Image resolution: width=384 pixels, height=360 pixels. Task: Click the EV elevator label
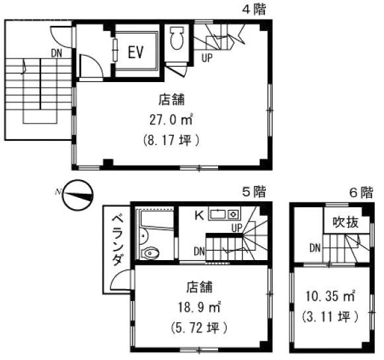click(x=135, y=52)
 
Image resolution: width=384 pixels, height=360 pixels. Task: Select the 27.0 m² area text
click(x=171, y=120)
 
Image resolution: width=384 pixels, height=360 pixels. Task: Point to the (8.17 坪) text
click(x=171, y=140)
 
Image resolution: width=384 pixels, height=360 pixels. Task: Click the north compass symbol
click(x=78, y=195)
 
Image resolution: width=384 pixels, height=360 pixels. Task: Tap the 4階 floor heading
click(x=254, y=10)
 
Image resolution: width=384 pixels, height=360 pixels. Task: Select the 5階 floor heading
click(x=254, y=192)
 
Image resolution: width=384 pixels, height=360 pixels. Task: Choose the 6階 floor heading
click(x=361, y=193)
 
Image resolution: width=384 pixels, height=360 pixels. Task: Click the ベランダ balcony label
click(x=117, y=240)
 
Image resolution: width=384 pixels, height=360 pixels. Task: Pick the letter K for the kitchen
click(x=200, y=216)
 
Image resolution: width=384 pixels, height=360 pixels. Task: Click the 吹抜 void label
click(x=345, y=222)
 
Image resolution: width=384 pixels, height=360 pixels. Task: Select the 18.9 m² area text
click(x=200, y=307)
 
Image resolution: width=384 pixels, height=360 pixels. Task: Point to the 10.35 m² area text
click(x=330, y=296)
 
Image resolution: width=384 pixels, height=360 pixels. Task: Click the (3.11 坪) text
click(x=330, y=316)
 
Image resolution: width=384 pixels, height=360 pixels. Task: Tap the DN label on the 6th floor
click(x=315, y=248)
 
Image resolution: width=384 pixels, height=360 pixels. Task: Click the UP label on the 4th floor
click(x=207, y=58)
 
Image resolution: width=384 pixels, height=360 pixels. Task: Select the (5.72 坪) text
click(x=199, y=328)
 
